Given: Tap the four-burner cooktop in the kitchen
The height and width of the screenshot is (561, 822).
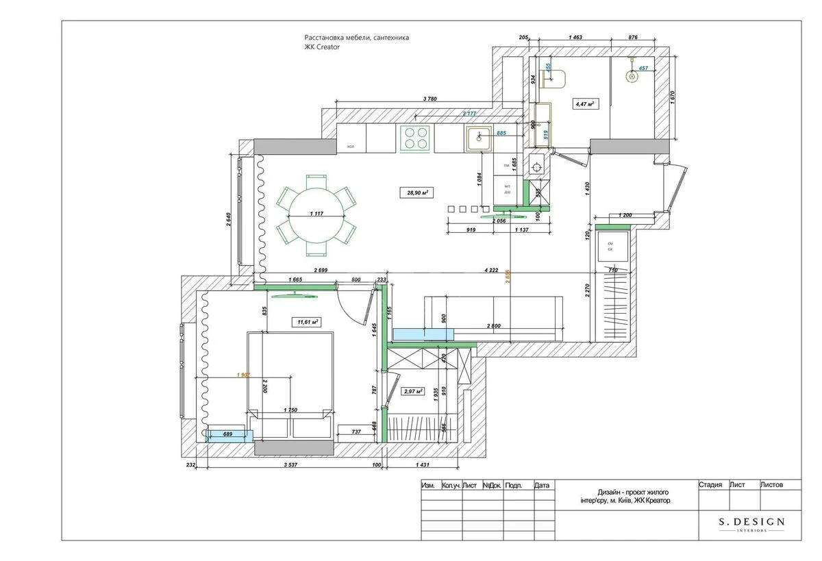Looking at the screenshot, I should point(414,138).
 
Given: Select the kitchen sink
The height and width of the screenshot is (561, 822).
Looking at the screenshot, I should point(479,139).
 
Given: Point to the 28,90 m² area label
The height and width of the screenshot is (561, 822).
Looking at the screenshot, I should point(417,193).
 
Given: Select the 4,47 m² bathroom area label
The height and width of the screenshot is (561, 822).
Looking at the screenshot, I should point(584,104).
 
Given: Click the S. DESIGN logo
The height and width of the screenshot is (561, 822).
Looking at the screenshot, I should point(751,523).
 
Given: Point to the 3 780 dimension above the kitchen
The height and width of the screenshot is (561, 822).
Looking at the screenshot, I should point(429,99).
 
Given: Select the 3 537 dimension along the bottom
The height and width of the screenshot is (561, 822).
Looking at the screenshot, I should point(285,466).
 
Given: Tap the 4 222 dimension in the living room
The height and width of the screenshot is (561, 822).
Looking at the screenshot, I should point(490,271).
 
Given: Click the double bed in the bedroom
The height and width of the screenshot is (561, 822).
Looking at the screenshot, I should point(290,384).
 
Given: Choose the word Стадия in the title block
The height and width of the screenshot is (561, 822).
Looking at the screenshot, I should point(710,485).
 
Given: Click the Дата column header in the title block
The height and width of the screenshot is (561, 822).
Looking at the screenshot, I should point(541,486).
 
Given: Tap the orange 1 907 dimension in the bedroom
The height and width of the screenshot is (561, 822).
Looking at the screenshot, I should point(242,375).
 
